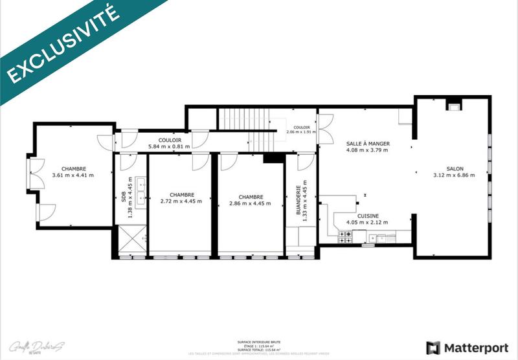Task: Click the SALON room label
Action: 454,167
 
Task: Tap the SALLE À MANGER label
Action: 368,144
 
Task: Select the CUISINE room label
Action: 367,216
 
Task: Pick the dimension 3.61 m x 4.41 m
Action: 73,175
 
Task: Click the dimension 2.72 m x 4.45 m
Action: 181,202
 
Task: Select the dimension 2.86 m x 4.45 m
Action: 250,203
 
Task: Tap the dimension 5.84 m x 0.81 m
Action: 169,146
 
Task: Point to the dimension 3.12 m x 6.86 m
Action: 454,175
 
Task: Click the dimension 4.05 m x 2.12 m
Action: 367,223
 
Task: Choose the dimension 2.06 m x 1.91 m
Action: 301,132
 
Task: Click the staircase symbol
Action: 246,128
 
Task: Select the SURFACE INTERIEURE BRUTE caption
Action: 259,341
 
